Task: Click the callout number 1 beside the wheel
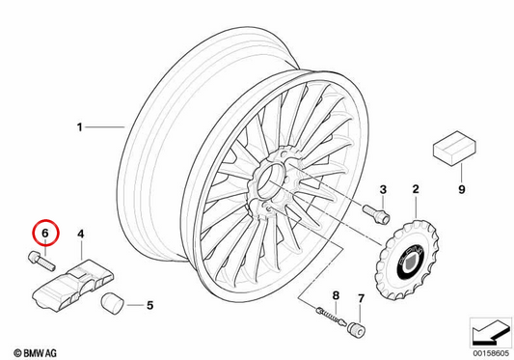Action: (79, 127)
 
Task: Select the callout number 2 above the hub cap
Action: (416, 189)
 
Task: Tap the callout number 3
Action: (383, 189)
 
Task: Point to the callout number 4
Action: (81, 234)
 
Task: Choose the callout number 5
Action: (149, 306)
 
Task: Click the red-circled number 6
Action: (45, 233)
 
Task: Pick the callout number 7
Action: (361, 298)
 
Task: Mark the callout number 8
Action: (336, 295)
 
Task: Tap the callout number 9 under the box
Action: (462, 189)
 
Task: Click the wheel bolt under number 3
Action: (376, 213)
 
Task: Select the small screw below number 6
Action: (41, 261)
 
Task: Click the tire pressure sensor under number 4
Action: (73, 285)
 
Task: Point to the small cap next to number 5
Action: (112, 304)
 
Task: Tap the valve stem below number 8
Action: (331, 316)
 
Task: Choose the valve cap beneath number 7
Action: (358, 329)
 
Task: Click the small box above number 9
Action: (454, 148)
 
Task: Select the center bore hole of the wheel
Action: (269, 181)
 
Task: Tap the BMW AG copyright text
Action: (35, 353)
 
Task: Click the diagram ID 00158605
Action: (491, 353)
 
